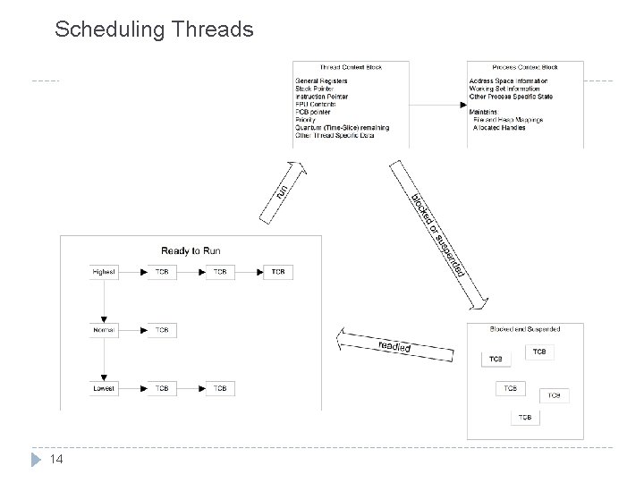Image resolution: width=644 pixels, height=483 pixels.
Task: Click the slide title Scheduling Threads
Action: (154, 30)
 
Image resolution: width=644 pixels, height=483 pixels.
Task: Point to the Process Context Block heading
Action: (526, 67)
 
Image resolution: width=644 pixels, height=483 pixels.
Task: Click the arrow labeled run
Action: (281, 190)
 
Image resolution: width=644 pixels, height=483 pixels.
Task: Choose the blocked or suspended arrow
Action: (437, 231)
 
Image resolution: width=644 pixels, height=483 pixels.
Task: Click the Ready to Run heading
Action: (191, 250)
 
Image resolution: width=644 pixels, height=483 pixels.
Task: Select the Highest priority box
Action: (104, 272)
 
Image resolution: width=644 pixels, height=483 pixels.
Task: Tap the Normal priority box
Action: (104, 330)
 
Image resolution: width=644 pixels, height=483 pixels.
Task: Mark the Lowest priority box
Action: (104, 388)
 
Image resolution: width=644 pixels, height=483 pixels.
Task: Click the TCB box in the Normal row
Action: (162, 330)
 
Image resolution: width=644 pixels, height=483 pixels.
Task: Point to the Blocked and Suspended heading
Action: (526, 328)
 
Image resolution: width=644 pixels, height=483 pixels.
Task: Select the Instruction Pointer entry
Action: (321, 96)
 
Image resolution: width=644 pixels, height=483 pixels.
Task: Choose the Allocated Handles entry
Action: (499, 128)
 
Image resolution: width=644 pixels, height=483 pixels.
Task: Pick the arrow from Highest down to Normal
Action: (104, 301)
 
